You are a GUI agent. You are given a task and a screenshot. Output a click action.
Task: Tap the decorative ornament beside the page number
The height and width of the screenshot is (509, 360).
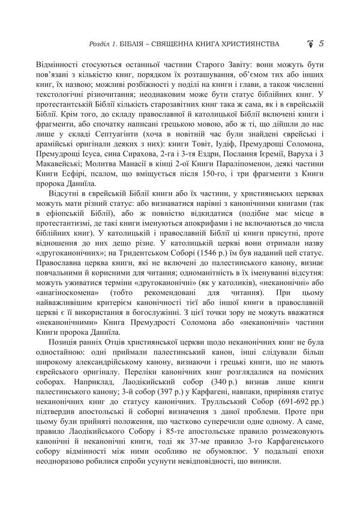(310, 43)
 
